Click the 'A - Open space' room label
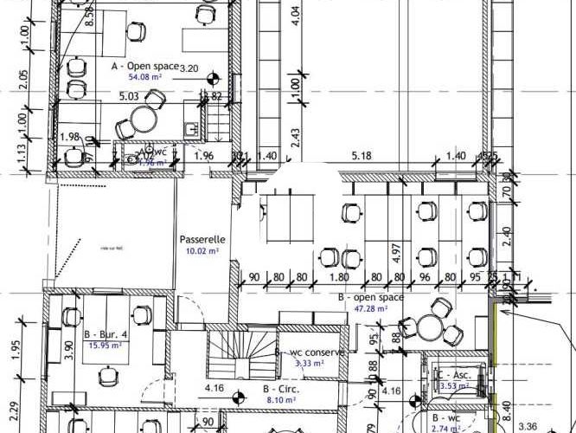pos(144,66)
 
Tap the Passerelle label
pos(202,239)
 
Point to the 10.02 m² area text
pos(202,251)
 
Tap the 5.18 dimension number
pos(362,156)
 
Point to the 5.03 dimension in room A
pos(129,97)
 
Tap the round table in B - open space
pos(430,327)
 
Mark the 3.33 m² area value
pos(309,365)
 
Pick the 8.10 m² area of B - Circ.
pos(278,401)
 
